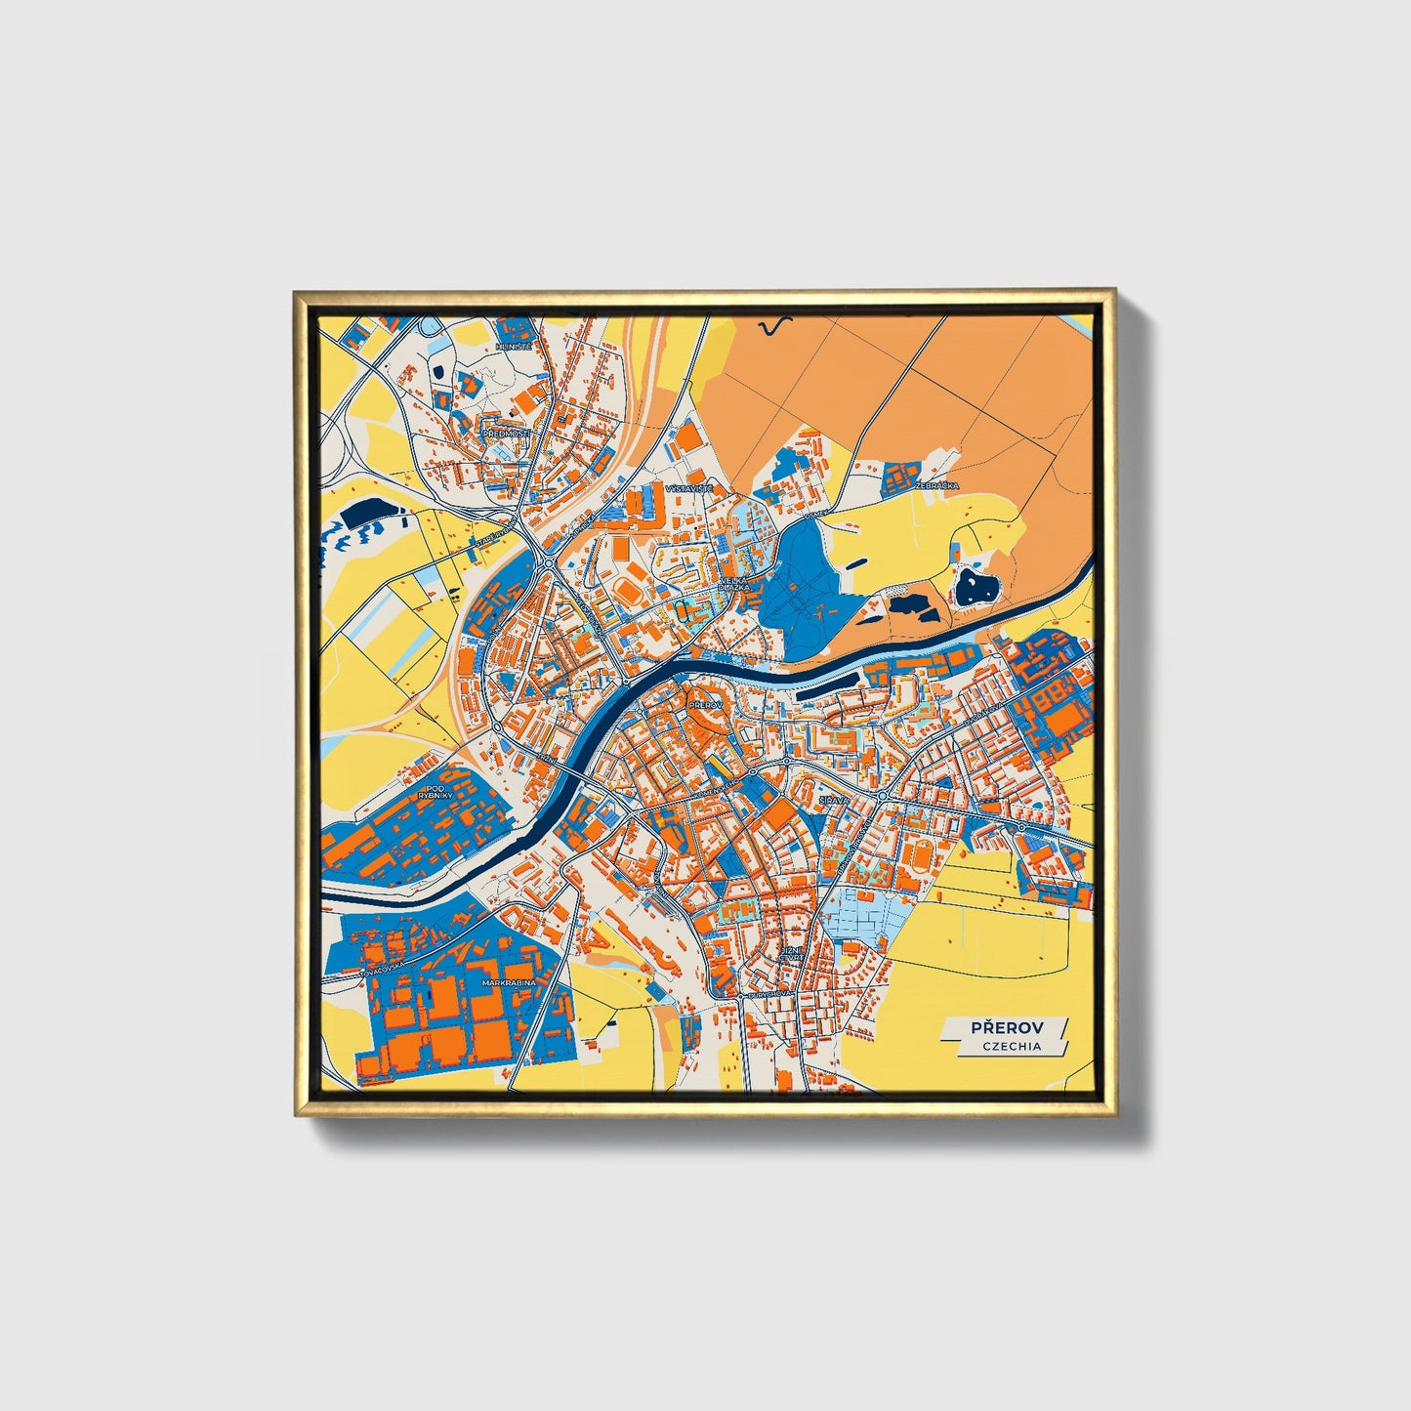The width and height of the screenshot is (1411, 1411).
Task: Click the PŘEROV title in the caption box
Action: (1006, 1028)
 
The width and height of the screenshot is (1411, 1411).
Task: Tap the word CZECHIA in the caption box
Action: (1012, 1047)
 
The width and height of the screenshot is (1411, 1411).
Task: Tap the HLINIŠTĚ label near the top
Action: (513, 347)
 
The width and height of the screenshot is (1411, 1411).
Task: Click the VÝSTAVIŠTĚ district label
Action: (689, 486)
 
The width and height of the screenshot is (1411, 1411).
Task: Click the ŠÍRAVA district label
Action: (835, 799)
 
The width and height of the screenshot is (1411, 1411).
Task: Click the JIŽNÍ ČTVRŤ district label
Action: (790, 953)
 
